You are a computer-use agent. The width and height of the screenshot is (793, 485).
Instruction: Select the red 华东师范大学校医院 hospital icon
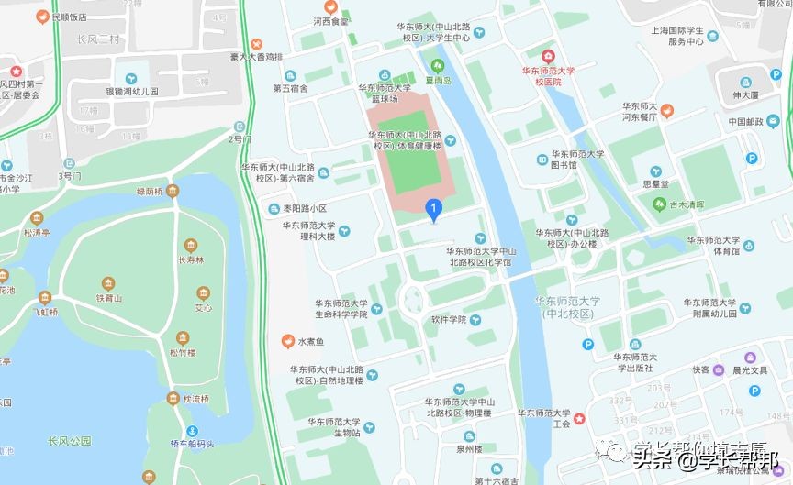click(550, 56)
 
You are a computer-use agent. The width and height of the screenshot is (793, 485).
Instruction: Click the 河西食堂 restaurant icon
click(331, 7)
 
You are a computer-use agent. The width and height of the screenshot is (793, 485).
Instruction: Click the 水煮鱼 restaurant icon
click(287, 342)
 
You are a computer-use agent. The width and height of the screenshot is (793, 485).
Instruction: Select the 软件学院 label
click(450, 320)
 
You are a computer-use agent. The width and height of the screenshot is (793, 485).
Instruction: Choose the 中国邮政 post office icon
click(752, 136)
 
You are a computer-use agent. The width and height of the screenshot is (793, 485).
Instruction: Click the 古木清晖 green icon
click(658, 204)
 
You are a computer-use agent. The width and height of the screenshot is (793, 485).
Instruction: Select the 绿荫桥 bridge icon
click(173, 191)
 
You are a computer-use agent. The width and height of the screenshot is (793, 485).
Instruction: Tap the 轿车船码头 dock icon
click(192, 431)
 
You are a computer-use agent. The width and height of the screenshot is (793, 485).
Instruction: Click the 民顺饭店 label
click(69, 17)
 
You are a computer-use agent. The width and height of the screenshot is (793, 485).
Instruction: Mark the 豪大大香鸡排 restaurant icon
click(256, 43)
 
